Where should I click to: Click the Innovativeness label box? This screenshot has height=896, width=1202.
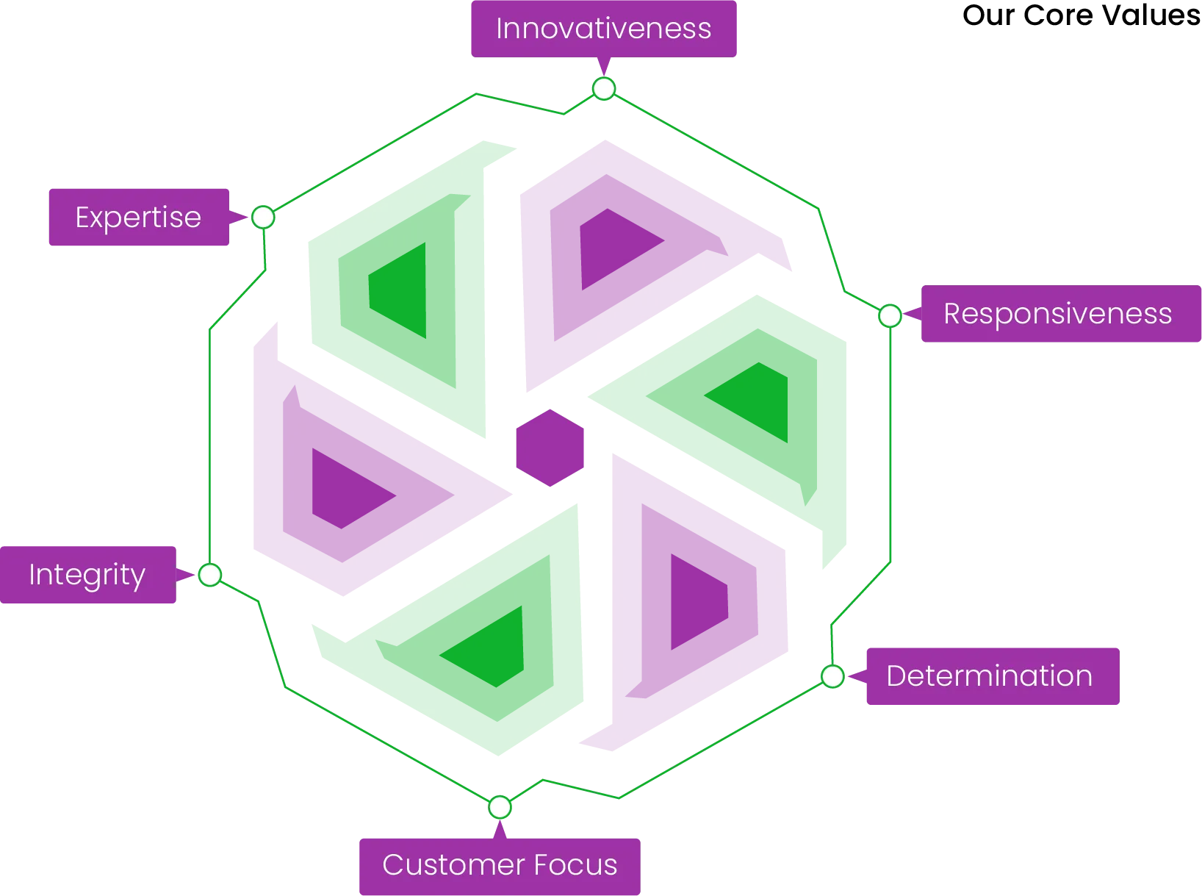point(604,29)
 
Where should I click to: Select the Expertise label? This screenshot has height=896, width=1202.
point(138,218)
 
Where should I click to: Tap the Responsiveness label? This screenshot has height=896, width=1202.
point(1057,314)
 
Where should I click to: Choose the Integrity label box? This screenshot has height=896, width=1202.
point(87,574)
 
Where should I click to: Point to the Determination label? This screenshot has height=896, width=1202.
point(989,676)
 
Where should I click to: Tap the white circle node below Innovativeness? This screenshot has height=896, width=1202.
point(604,89)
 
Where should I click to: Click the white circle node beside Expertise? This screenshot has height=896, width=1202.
point(263,218)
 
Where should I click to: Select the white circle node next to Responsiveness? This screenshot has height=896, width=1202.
point(890,316)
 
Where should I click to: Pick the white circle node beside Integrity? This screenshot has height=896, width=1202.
point(210,575)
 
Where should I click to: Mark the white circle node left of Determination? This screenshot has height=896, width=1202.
point(832,676)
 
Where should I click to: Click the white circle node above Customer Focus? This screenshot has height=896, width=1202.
point(500,807)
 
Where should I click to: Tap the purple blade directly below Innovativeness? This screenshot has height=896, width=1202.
point(632,257)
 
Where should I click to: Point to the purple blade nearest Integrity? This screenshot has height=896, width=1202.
point(353,478)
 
